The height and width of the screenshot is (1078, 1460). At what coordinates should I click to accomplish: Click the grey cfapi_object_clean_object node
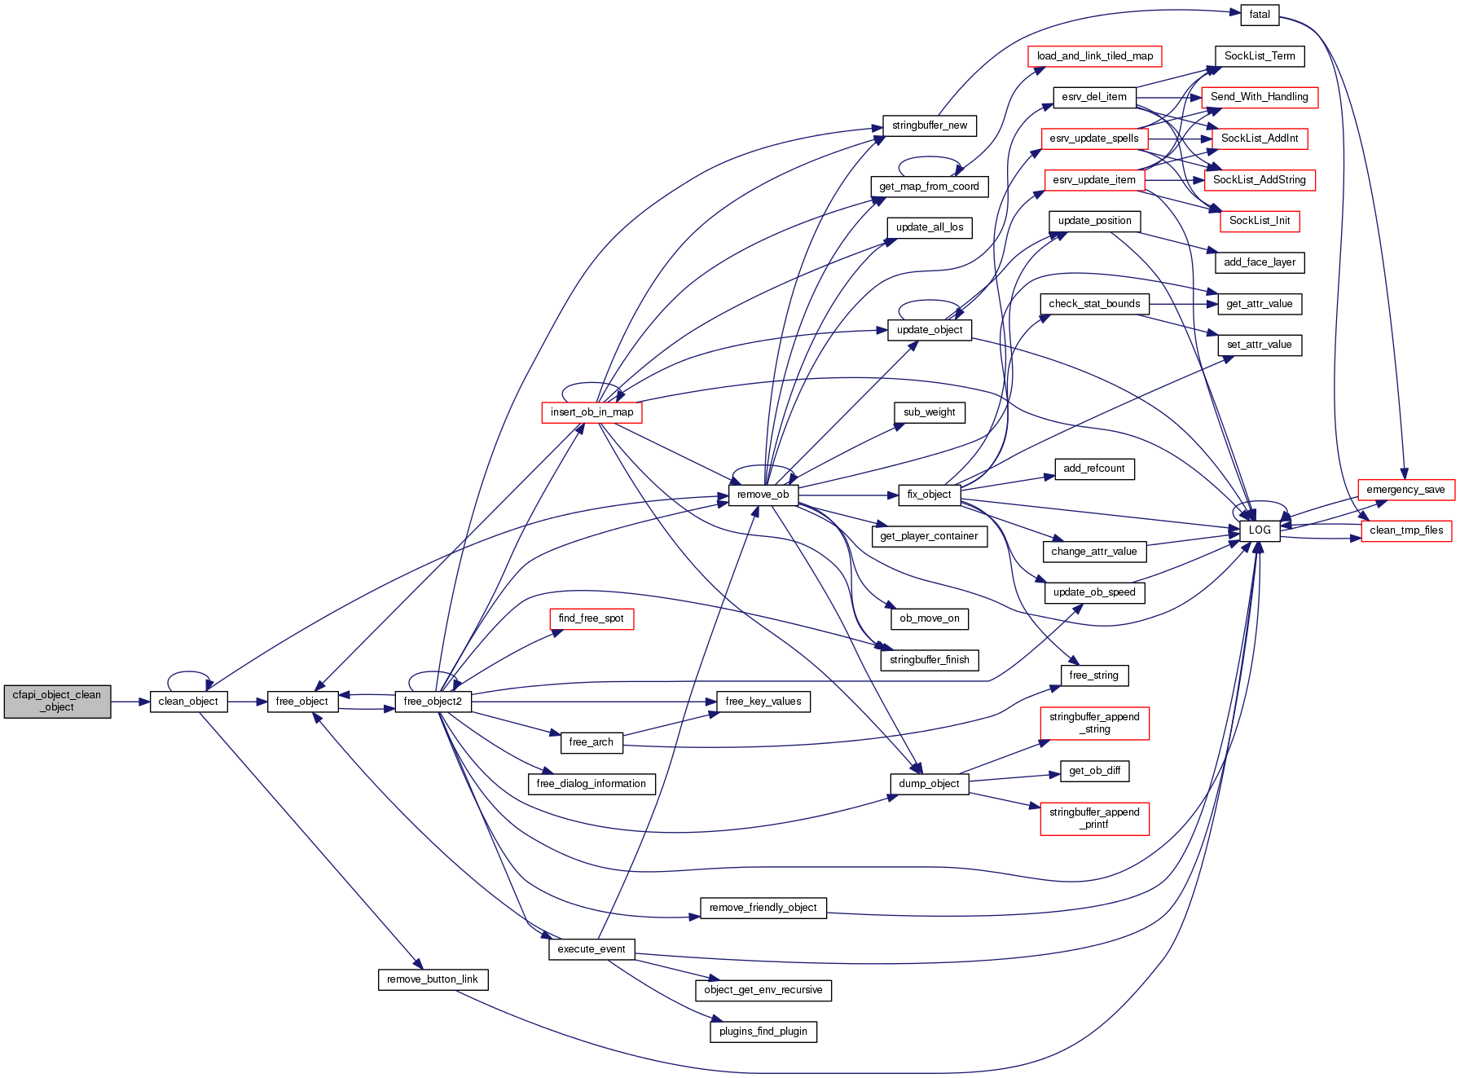[57, 701]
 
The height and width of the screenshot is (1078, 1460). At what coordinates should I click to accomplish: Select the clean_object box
[188, 702]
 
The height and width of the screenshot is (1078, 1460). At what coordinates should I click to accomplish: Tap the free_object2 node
[433, 702]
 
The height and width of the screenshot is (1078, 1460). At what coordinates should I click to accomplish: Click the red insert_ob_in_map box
[591, 412]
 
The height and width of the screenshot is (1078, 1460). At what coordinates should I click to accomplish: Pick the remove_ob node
[763, 495]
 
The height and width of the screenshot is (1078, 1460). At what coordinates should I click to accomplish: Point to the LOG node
[1259, 530]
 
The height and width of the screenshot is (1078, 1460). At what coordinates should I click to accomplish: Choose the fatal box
[1259, 15]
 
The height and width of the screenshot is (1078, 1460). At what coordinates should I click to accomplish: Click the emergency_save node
[1405, 490]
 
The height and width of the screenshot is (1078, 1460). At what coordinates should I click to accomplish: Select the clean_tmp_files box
[1406, 530]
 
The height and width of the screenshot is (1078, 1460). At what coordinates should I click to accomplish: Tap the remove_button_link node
[433, 979]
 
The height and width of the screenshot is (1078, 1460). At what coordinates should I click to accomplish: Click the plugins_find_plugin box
[763, 1032]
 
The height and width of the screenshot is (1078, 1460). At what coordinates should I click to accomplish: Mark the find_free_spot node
[591, 618]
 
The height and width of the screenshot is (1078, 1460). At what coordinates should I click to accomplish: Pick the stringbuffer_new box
[930, 125]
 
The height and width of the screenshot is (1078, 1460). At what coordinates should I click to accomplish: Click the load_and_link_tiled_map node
[1094, 56]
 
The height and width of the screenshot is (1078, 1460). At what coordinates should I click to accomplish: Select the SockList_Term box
[1260, 56]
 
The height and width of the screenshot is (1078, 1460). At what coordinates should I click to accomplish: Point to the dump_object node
[929, 784]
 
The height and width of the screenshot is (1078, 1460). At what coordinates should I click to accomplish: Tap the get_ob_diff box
[1094, 771]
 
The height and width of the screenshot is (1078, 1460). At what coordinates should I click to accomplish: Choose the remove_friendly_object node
[763, 908]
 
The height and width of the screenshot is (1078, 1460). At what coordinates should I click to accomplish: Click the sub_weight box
[929, 412]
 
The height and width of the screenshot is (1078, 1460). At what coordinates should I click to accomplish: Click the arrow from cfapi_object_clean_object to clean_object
[130, 702]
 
